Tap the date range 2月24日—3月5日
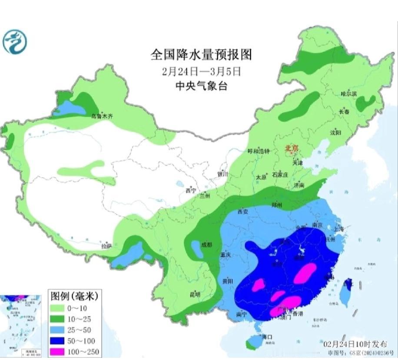(201, 70)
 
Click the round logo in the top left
(15, 41)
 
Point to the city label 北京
(292, 149)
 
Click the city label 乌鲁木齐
(102, 116)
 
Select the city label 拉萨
(106, 246)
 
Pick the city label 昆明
(195, 294)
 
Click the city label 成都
(207, 244)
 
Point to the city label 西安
(242, 212)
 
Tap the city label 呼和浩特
(259, 151)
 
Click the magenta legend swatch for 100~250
(59, 351)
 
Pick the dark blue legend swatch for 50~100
(59, 341)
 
